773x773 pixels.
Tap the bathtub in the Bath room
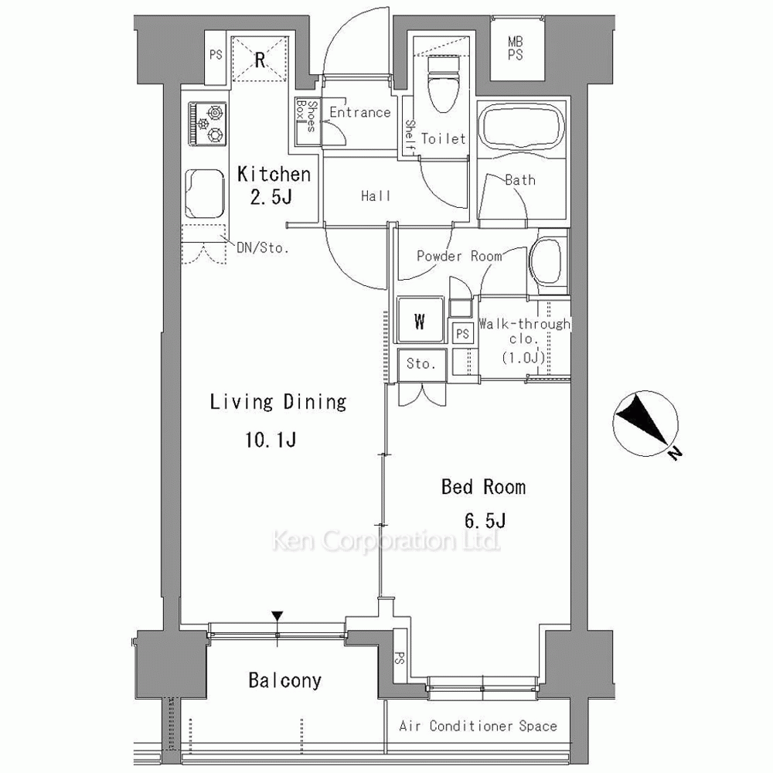coord(522,128)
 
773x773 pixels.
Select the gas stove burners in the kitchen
coord(206,124)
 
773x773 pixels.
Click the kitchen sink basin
coord(205,193)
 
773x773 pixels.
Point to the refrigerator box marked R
coord(260,60)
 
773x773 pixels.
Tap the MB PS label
coord(515,48)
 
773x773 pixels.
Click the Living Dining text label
coord(278,402)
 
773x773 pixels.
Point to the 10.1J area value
coord(271,439)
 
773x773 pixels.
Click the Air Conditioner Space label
coord(478,726)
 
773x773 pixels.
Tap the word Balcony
coord(285,681)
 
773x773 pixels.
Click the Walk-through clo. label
coord(524,331)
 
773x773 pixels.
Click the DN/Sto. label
coord(263,247)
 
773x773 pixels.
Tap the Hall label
coord(376,196)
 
